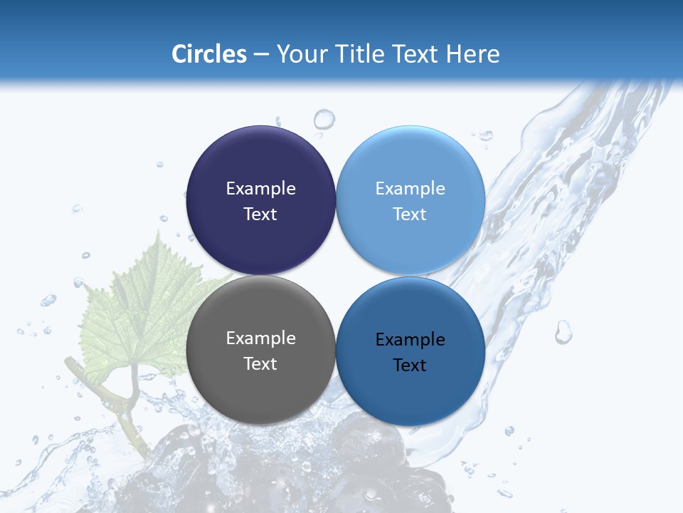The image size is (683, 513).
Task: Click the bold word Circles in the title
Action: [x=208, y=54]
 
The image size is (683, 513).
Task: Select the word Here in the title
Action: [x=472, y=54]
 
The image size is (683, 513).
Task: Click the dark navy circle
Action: [x=260, y=164]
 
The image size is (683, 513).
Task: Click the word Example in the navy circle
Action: [x=260, y=188]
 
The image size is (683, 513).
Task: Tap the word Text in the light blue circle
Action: [x=410, y=214]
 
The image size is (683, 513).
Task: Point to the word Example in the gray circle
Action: [x=260, y=338]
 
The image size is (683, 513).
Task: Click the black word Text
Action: [x=410, y=365]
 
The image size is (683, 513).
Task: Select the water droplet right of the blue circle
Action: [x=563, y=331]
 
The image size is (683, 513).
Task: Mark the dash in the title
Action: [x=261, y=54]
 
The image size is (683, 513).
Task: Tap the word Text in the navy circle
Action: [x=260, y=214]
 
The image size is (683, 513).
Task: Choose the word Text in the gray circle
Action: [x=260, y=363]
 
